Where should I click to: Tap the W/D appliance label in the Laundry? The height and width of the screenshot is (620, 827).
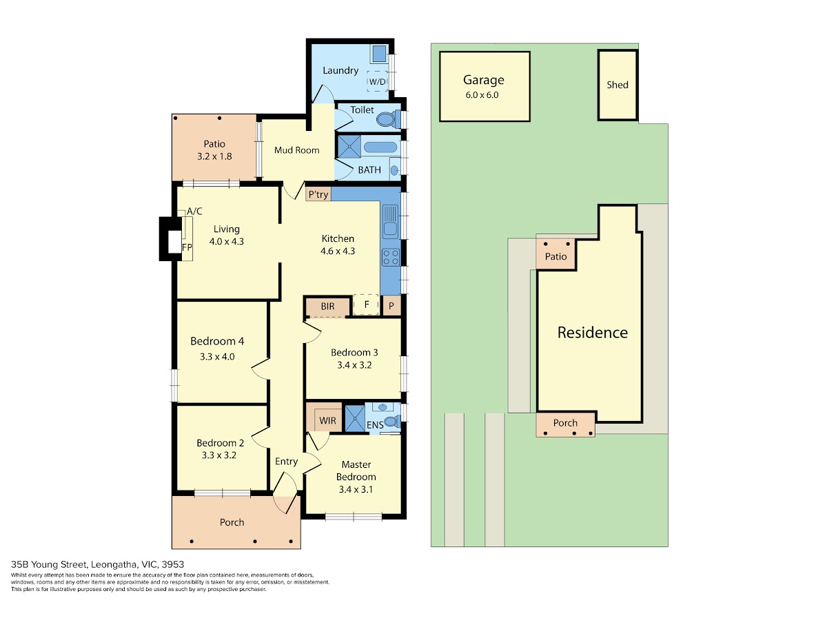[377, 81]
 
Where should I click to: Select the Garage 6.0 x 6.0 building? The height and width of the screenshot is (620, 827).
[485, 87]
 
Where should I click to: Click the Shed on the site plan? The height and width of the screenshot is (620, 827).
[617, 85]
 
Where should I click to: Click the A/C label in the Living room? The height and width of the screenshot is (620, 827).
[194, 211]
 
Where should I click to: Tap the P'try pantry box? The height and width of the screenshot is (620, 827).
[318, 194]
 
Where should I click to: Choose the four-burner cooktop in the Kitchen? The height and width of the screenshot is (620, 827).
[391, 258]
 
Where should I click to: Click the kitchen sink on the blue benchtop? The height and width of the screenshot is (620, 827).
[391, 221]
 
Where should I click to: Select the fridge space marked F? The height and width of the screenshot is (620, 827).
[366, 304]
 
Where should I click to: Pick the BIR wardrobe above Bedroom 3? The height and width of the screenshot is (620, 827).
[327, 307]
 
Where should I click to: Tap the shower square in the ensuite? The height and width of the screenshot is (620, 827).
[355, 418]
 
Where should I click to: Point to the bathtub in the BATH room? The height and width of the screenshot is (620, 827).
[380, 147]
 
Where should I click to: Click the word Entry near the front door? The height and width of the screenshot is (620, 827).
[286, 462]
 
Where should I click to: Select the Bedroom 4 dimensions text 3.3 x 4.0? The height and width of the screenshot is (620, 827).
[217, 356]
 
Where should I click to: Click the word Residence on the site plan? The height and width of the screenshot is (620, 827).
[592, 333]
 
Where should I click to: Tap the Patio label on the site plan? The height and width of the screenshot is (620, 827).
[555, 256]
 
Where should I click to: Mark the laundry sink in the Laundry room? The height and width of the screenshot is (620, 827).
[379, 54]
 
